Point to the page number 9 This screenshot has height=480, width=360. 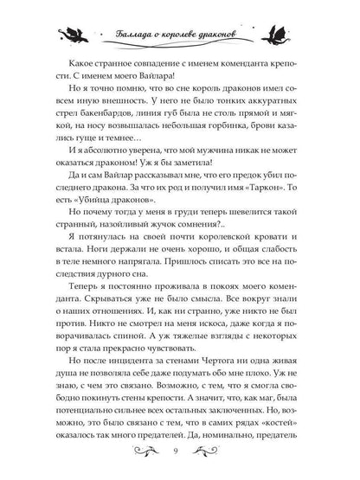coord(180,454)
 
